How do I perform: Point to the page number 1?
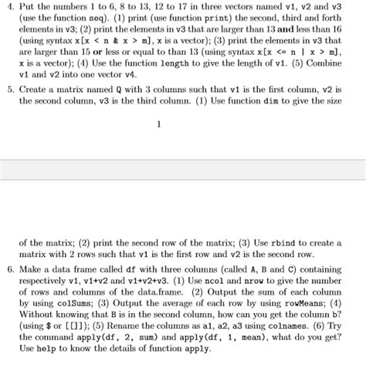tap(158, 124)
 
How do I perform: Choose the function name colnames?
tap(290, 332)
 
